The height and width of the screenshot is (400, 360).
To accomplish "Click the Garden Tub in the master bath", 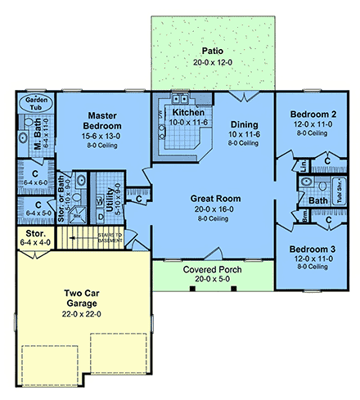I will [x=35, y=101].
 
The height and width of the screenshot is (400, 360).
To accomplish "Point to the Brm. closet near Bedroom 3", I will [x=283, y=217].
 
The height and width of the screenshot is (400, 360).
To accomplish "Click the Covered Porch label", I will [x=213, y=271].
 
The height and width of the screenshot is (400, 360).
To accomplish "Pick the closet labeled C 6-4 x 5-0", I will [x=34, y=209].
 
